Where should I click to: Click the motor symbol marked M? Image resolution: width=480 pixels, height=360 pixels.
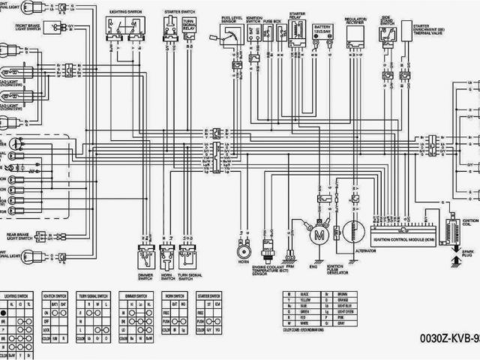tap(319, 235)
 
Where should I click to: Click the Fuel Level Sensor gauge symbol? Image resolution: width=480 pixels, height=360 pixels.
tap(233, 37)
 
